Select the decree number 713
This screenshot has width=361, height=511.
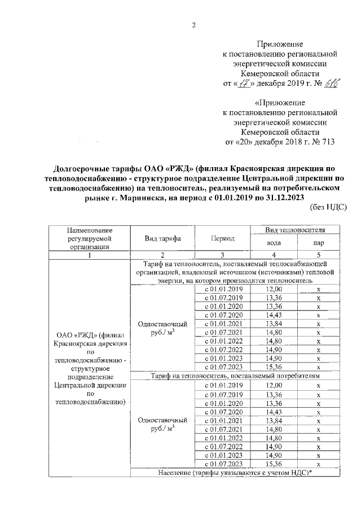click(325, 142)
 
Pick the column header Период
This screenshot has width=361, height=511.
click(223, 239)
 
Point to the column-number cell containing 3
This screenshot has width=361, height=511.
click(223, 255)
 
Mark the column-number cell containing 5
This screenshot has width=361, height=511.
click(318, 255)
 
